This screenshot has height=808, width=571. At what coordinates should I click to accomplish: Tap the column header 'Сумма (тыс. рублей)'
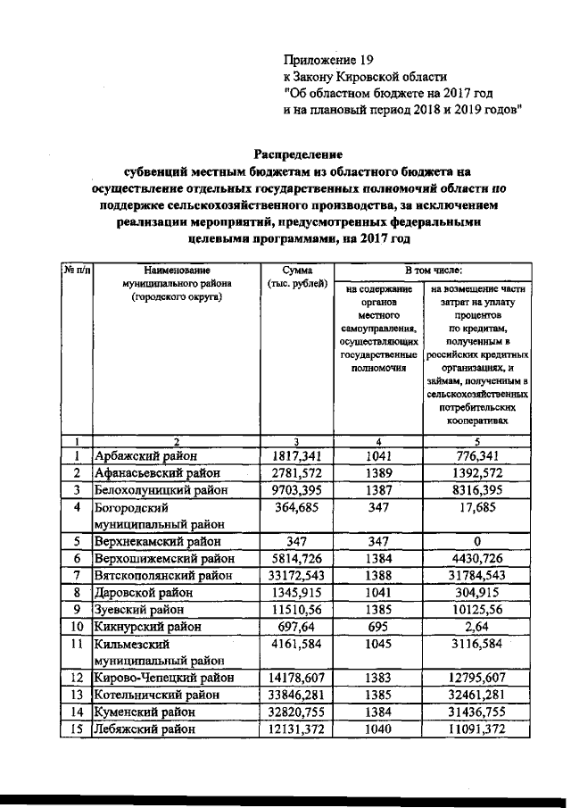coord(296,276)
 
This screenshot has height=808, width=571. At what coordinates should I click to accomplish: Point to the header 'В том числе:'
coord(432,270)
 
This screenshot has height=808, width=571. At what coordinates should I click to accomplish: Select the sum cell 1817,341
coord(296,456)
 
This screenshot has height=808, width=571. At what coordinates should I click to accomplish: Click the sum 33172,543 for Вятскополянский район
coord(296,575)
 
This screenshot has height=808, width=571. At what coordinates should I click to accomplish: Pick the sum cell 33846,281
coord(296,695)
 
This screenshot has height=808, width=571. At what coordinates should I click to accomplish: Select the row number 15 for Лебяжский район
coord(77,729)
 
